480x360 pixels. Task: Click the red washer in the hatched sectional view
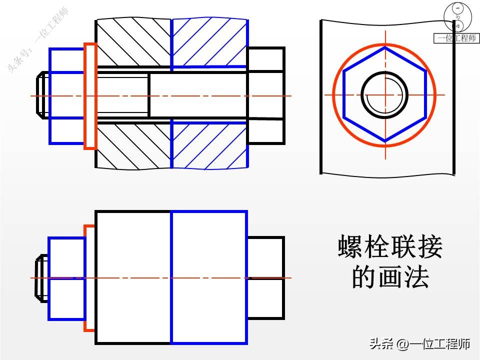point(90,96)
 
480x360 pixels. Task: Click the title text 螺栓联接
point(390,247)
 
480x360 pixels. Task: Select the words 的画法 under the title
point(390,277)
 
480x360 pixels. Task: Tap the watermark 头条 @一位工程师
point(419,344)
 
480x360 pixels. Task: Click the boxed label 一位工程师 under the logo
point(456,38)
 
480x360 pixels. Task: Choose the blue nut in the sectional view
point(66,96)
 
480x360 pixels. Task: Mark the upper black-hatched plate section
point(133,42)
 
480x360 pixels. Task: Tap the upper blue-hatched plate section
point(209,42)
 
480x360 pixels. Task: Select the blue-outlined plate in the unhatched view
point(209,277)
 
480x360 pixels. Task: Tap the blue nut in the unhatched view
point(66,278)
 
